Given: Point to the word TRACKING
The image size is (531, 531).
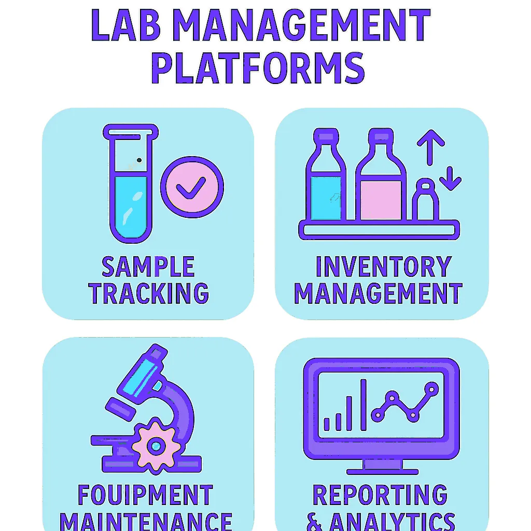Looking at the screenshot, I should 148,293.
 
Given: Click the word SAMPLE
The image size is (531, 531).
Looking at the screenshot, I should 148,267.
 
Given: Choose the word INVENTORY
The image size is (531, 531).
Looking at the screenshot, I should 383,267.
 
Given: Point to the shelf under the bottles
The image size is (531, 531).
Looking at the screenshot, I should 379,229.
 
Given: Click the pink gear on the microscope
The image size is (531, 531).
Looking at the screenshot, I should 156,444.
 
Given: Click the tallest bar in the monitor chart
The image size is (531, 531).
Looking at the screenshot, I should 364,404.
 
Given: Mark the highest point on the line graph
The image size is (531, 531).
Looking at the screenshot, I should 431,388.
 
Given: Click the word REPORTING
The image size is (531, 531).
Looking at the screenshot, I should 380,496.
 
